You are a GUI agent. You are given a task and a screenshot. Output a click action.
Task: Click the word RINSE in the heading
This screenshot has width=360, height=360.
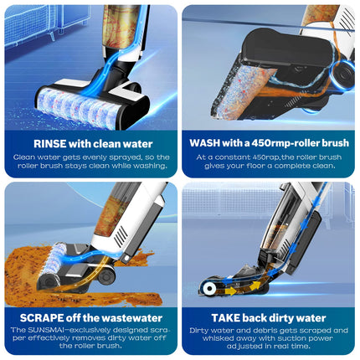coord(50,144)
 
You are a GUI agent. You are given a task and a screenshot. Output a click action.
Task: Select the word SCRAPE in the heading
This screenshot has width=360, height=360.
coord(42,318)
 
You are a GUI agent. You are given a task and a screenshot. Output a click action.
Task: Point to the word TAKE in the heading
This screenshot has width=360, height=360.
coord(225,318)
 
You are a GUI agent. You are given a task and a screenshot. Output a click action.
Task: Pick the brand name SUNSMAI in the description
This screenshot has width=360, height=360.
coord(45,330)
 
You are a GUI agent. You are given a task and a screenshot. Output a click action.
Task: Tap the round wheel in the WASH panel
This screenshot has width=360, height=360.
coord(343,73)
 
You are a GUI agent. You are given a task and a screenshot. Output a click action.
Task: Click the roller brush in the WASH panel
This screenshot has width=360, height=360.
coord(240,90)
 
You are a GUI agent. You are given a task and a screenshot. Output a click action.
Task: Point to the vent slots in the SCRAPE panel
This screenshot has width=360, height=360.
coord(121,236)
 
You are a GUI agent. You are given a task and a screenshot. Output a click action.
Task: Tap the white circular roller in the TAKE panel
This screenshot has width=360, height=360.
coord(208,289)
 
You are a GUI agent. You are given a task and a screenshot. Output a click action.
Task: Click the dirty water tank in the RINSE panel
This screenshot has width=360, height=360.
coord(120,27)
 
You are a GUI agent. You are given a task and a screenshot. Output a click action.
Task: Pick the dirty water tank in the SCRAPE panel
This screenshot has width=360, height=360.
coord(111,215)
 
